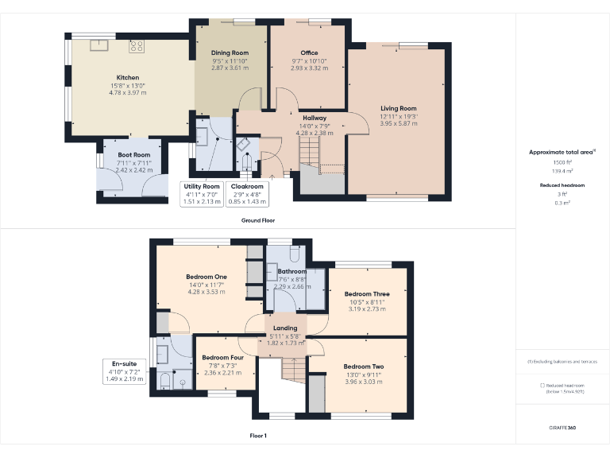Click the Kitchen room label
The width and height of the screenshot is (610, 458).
tap(128, 78)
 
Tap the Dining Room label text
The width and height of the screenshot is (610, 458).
tap(230, 52)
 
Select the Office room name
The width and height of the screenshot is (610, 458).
tap(308, 52)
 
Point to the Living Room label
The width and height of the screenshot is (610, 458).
tap(398, 108)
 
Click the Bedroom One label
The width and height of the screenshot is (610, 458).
tap(207, 277)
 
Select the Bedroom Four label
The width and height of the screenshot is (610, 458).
tap(217, 358)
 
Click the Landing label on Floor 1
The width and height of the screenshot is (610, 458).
tap(285, 328)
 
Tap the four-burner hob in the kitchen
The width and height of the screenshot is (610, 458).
tap(137, 46)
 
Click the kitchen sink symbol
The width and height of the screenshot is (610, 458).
tap(99, 45)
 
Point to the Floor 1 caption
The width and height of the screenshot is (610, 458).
tap(258, 436)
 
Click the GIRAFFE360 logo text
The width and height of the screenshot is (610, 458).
tap(562, 428)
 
